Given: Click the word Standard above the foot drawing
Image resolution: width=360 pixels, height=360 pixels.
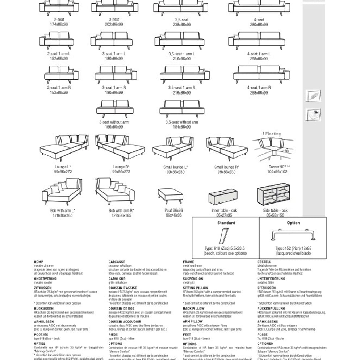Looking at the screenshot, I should tap(226, 223).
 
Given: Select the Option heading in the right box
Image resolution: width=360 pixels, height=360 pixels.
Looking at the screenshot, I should tap(293, 223).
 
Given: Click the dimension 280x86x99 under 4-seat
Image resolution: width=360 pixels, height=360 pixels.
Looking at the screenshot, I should tap(259, 24).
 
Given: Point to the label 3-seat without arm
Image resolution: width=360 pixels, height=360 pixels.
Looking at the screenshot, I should tap(114, 122).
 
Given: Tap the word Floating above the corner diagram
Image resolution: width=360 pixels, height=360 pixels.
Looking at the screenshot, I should tap(272, 134).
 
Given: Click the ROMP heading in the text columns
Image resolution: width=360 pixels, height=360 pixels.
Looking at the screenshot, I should tap(38, 261).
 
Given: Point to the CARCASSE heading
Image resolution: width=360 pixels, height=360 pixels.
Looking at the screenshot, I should tap(117, 261).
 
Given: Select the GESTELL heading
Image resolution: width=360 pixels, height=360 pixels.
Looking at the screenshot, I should tap(264, 261).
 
